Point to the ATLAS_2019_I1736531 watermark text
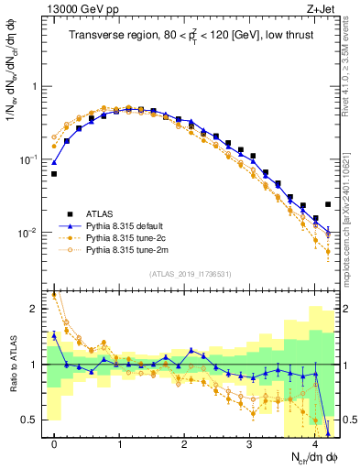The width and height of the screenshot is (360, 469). [189, 273]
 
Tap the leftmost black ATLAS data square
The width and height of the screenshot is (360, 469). [54, 173]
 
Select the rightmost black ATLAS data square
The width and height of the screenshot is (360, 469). [328, 204]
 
